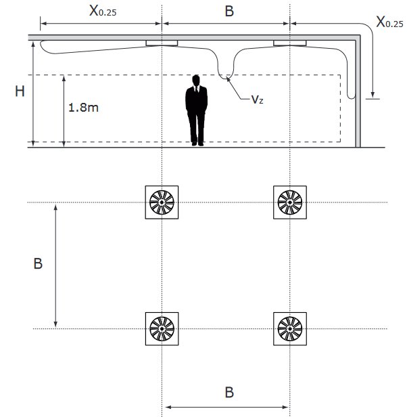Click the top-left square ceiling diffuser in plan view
pos(162,202)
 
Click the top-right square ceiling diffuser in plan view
pos(290,202)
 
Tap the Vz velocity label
pos(258,99)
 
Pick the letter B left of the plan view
pos(38,264)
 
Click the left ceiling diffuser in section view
pos(162,44)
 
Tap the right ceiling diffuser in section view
pos(290,44)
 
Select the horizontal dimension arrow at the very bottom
pos(227,407)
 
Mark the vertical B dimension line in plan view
pos(56,264)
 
